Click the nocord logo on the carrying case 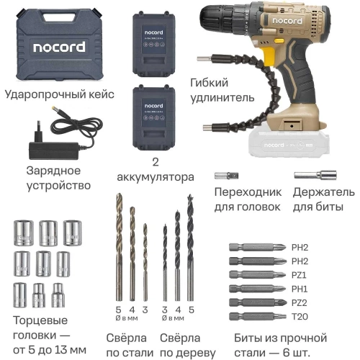[x=57, y=48]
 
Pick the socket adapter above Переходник [x=226, y=175]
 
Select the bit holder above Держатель [x=315, y=175]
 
